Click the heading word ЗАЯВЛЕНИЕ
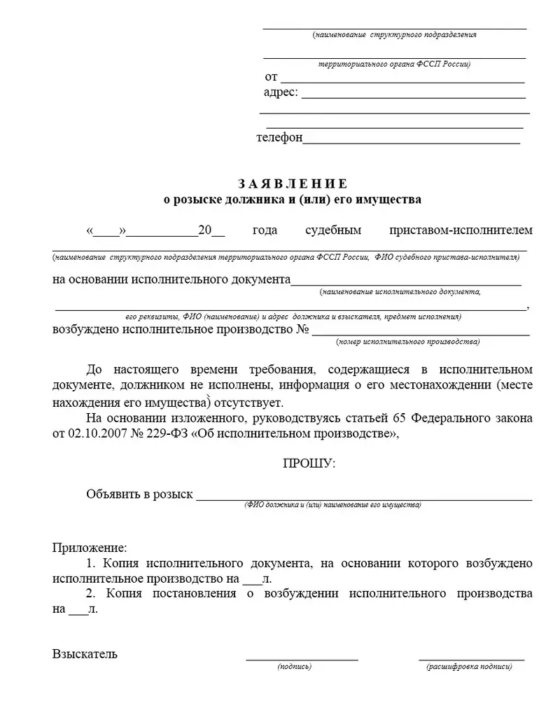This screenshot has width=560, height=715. point(292,184)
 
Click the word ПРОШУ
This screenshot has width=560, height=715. point(308,464)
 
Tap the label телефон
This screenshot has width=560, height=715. point(279,138)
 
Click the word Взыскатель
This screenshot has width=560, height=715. point(85,654)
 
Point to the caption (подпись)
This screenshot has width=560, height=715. point(294,667)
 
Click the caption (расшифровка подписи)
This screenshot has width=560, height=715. point(469,667)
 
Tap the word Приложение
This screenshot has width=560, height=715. point(90,546)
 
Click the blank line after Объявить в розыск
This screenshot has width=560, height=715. point(364,499)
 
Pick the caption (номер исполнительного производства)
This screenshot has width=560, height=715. point(408,342)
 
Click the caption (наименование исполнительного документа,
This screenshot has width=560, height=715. point(399,291)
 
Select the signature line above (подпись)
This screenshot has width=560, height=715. point(302,658)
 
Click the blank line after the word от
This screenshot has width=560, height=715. point(402,80)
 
